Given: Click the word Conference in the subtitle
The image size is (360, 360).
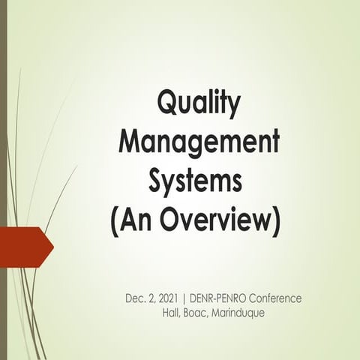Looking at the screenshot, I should pos(277,298).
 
